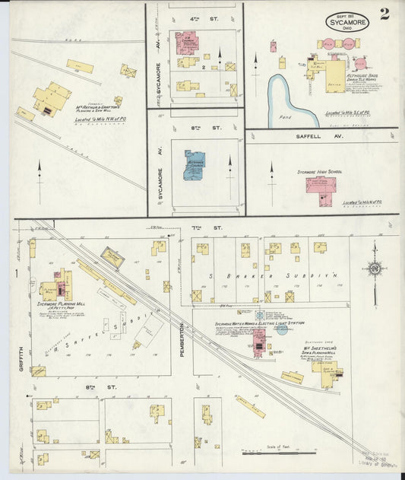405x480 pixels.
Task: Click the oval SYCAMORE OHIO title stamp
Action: click(x=348, y=21)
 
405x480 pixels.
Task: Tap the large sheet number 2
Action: click(x=385, y=14)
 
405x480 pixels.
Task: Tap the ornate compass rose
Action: click(x=373, y=268)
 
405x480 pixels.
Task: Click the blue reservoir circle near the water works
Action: click(x=282, y=329)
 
